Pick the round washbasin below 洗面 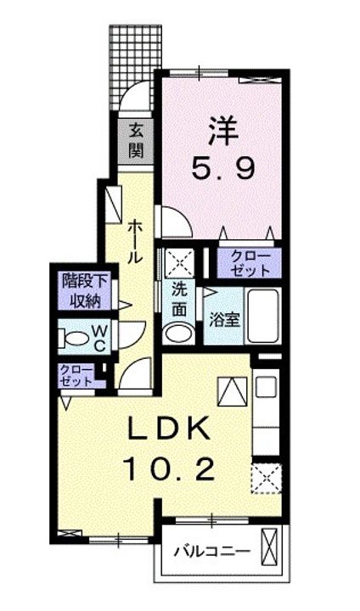pos(178,333)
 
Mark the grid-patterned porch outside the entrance pos(132,63)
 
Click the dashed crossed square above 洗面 pos(179,261)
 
